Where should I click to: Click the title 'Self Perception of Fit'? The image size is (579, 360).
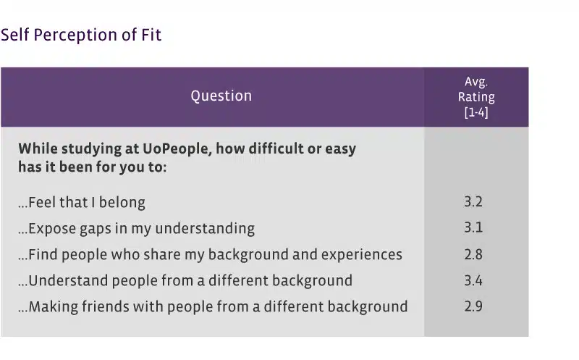pyautogui.click(x=81, y=35)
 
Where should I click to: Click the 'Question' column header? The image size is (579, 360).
pyautogui.click(x=221, y=96)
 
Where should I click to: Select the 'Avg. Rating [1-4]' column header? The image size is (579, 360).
pyautogui.click(x=476, y=97)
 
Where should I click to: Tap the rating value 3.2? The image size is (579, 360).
pyautogui.click(x=473, y=202)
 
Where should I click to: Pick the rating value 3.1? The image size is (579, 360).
pyautogui.click(x=473, y=227)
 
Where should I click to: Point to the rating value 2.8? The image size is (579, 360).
pyautogui.click(x=473, y=254)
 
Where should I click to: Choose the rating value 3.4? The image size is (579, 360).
pyautogui.click(x=473, y=280)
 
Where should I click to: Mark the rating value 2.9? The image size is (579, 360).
pyautogui.click(x=473, y=306)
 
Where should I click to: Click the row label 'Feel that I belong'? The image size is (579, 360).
pyautogui.click(x=82, y=203)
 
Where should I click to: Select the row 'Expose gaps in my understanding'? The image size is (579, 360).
pyautogui.click(x=136, y=229)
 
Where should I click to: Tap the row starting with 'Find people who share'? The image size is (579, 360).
pyautogui.click(x=210, y=255)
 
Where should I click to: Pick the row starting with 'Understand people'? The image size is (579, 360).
pyautogui.click(x=185, y=281)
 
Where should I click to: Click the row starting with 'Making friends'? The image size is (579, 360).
pyautogui.click(x=213, y=307)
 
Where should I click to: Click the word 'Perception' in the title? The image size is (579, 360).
pyautogui.click(x=75, y=35)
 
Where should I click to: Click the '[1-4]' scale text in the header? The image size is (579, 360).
pyautogui.click(x=476, y=112)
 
